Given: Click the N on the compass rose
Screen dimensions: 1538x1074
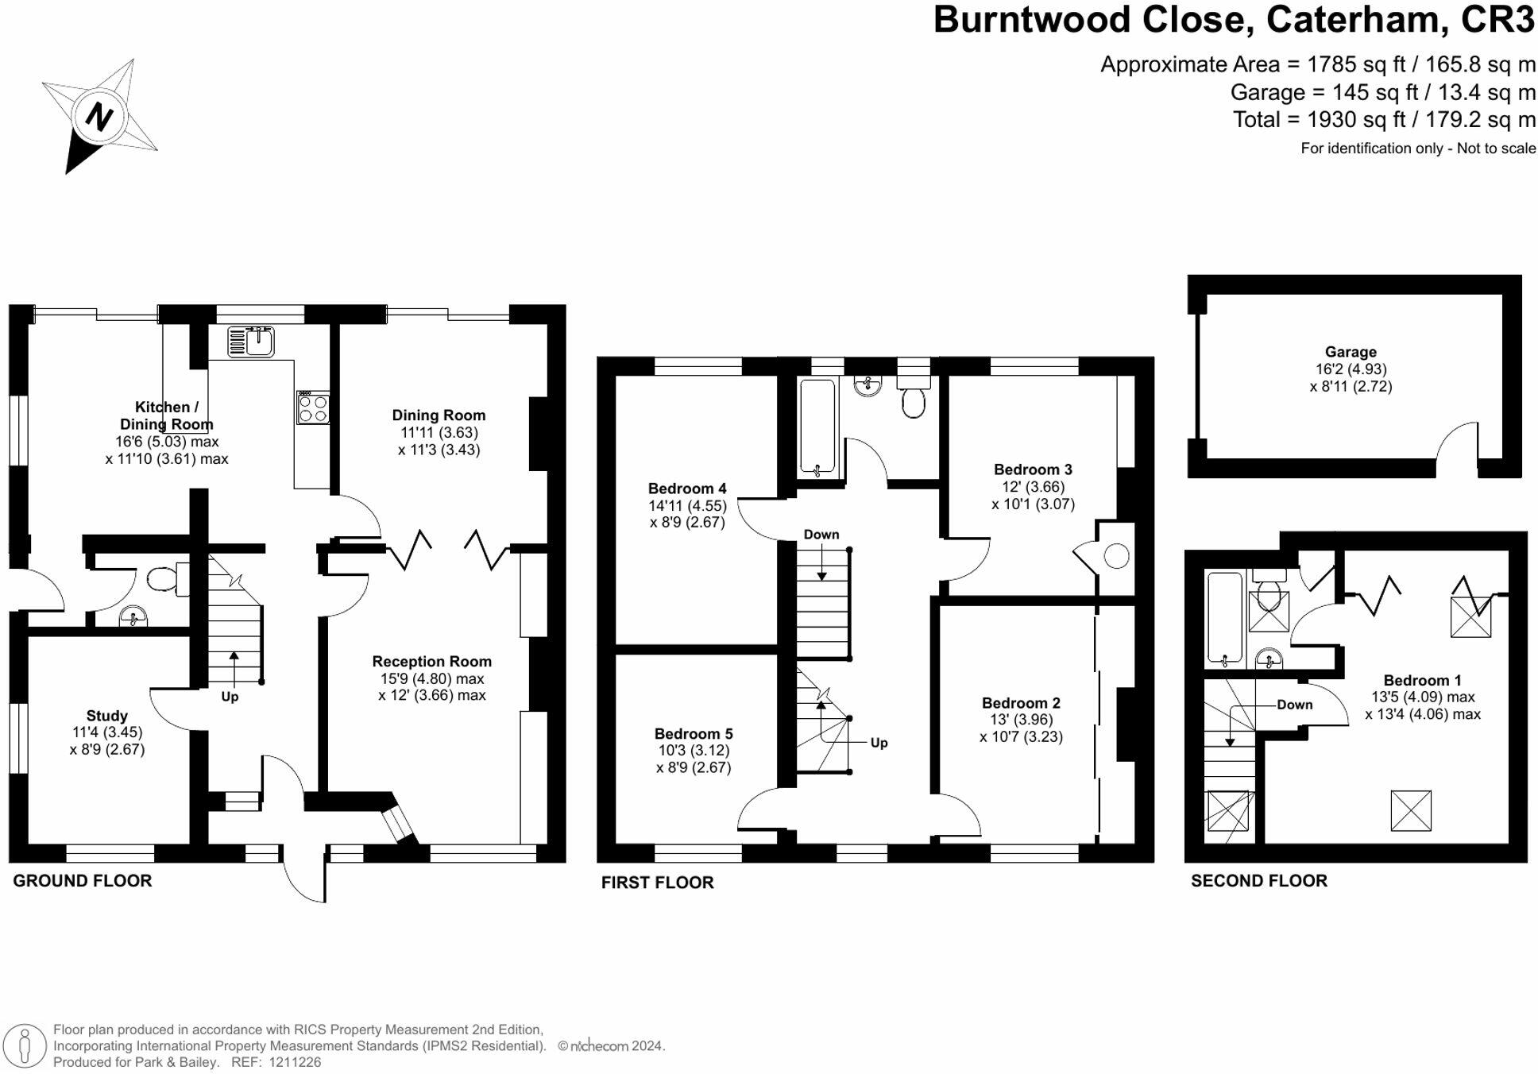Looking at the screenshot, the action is [x=99, y=117].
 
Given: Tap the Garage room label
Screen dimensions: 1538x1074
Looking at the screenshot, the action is [x=1350, y=352].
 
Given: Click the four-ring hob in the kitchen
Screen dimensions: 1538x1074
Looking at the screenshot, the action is [x=313, y=408].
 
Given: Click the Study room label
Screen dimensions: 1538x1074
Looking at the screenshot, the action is [x=106, y=716].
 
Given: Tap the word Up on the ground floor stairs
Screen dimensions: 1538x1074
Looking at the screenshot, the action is [x=230, y=697].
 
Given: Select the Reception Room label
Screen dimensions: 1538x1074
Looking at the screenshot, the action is [x=431, y=661].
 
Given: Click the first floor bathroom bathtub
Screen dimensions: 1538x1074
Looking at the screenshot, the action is [x=817, y=427].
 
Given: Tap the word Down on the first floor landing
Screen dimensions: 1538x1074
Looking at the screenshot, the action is [x=821, y=535].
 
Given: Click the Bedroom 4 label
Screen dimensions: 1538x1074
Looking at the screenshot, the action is [x=686, y=489].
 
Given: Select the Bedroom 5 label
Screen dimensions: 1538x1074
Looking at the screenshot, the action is [x=693, y=733].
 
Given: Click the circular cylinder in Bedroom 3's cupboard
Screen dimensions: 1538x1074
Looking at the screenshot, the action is [x=1116, y=556].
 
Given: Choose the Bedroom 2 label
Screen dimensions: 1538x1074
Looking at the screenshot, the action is [x=1021, y=703].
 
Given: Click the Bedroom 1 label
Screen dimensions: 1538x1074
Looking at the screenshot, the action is [x=1422, y=680].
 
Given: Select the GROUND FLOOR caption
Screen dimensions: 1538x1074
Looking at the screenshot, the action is [x=82, y=880].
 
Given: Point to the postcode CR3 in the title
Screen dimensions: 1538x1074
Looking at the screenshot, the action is [x=1497, y=20].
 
